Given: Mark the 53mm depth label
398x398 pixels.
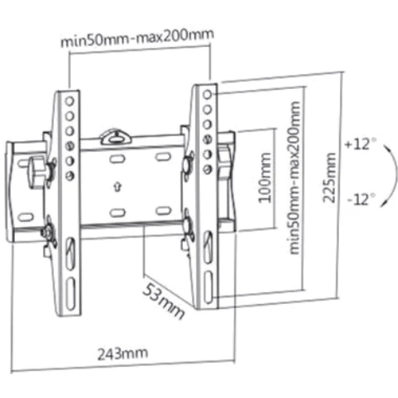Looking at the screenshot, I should tap(165, 298).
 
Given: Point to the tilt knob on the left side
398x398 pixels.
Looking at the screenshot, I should tap(36, 170).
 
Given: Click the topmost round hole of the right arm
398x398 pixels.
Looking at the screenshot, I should tap(207, 93).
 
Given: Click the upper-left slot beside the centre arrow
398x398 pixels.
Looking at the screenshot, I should tap(116, 159).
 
